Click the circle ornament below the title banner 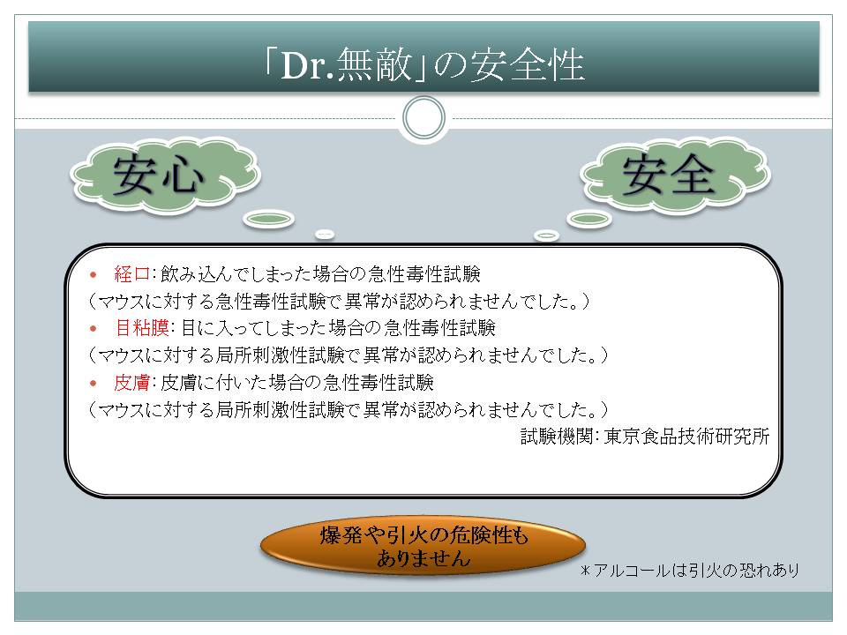424,118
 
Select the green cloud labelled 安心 166,175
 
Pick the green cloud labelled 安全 675,175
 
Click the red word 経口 131,273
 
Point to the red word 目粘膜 142,328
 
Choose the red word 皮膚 131,382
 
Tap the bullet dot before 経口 94,275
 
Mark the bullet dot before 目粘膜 94,329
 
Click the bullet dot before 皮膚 94,384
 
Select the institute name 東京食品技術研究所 686,437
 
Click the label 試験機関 557,437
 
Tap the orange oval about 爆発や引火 423,546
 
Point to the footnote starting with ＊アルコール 690,571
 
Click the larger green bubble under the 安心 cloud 268,219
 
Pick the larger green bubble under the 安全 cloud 589,219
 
